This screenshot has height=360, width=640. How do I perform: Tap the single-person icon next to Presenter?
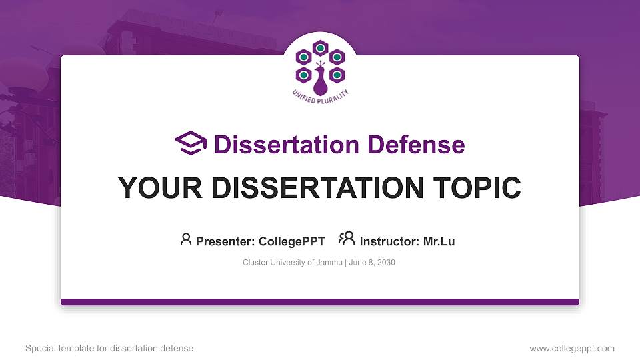pos(186,239)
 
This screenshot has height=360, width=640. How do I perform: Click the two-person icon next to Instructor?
pos(347,239)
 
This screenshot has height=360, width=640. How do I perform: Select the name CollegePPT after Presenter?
pos(291,241)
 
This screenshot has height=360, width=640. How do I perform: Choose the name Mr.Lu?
pos(439,241)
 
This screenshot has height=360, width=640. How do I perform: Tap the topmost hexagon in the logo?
pos(320,47)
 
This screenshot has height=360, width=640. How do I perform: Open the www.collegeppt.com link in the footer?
pos(571,348)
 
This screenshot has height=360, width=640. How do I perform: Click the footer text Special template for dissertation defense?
pos(109,348)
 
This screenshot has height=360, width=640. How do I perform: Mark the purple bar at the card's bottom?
pos(320,302)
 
